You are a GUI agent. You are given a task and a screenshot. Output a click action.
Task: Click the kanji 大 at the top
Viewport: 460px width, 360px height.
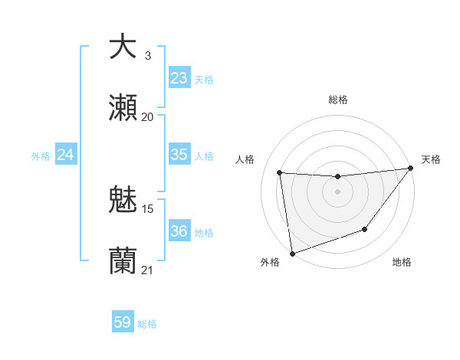pos(123,46)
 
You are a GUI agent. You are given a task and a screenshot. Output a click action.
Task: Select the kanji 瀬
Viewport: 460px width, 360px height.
pos(123,108)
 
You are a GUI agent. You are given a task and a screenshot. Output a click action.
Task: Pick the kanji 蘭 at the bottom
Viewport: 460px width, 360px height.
pos(123,260)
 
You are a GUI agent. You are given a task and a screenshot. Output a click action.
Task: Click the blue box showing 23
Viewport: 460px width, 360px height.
pos(179,78)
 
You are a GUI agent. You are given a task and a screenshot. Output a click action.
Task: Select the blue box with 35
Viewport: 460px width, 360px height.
pos(179,155)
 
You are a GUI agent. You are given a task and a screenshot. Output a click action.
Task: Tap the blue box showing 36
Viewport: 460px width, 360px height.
pos(179,231)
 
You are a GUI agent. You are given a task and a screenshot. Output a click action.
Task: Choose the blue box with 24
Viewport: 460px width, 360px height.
pos(66,155)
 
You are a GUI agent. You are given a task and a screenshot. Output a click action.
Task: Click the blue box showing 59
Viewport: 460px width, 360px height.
pos(123,322)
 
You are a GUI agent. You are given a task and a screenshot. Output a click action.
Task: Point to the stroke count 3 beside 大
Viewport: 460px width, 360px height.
pos(147,55)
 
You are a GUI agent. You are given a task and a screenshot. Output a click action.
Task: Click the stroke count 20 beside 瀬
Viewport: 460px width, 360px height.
pos(147,116)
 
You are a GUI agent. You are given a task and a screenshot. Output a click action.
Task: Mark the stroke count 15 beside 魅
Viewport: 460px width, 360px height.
pos(148,208)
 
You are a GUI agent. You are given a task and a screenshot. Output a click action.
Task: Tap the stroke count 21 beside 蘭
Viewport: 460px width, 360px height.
pos(147,270)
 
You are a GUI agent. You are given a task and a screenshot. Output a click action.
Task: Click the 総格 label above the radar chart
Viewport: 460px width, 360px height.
pos(338,100)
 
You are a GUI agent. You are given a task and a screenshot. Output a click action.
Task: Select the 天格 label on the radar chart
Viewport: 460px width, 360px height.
pos(431,159)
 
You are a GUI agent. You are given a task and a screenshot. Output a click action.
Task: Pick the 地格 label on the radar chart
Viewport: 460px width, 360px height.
pos(402,262)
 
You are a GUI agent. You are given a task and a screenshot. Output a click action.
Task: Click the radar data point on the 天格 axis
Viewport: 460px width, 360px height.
pos(410,169)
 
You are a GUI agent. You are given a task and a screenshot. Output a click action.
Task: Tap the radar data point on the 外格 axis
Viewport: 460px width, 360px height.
pos(292,253)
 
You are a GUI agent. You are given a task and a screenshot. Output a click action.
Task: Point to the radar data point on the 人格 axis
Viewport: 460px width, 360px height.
pos(280,173)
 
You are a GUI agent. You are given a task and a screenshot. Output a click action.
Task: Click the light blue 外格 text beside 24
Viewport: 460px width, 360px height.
pos(41,155)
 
